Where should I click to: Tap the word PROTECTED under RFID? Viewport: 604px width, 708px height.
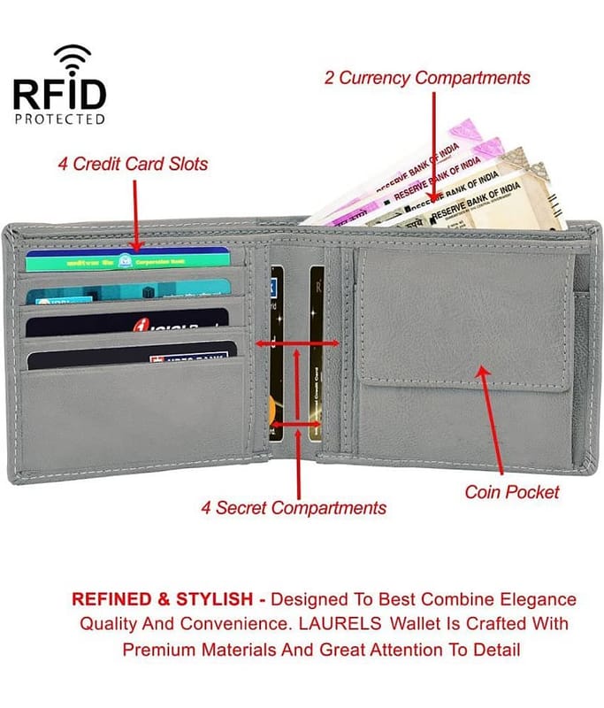[x=59, y=119]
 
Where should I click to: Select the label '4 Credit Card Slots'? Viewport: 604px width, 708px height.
[x=133, y=164]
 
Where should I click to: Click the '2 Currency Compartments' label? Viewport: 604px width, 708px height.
[x=427, y=78]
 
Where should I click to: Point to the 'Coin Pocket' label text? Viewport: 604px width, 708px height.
[x=512, y=491]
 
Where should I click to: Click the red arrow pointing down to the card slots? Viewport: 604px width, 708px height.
[x=134, y=212]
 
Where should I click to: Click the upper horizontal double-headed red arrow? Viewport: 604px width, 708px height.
[x=297, y=343]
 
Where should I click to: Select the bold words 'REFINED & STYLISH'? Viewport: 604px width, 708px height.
[x=148, y=599]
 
